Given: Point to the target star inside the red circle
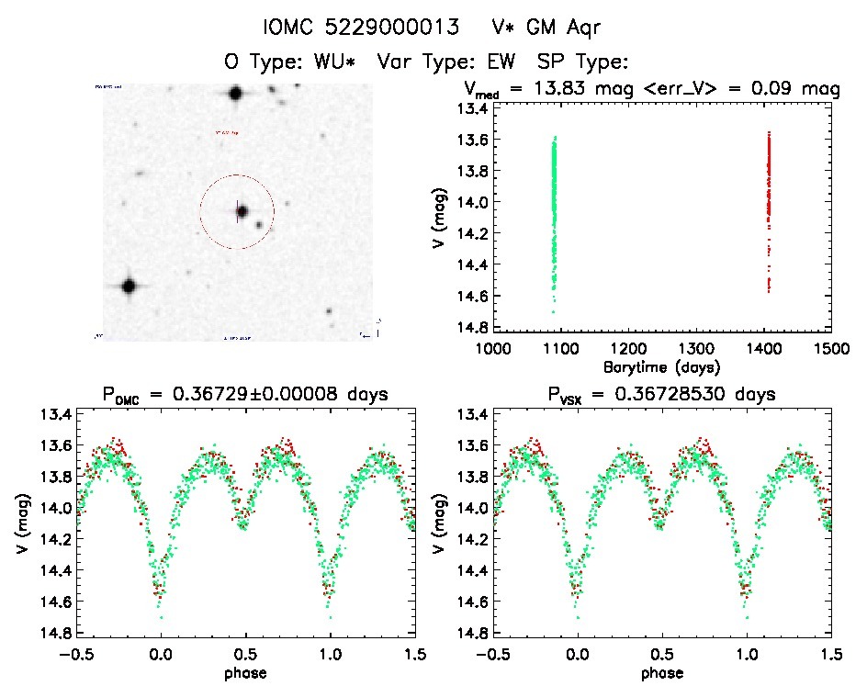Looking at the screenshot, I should [242, 211].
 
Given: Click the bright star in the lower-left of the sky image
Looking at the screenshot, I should [129, 286].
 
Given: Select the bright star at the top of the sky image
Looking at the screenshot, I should [235, 93].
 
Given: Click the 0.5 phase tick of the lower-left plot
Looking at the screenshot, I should [245, 655].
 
